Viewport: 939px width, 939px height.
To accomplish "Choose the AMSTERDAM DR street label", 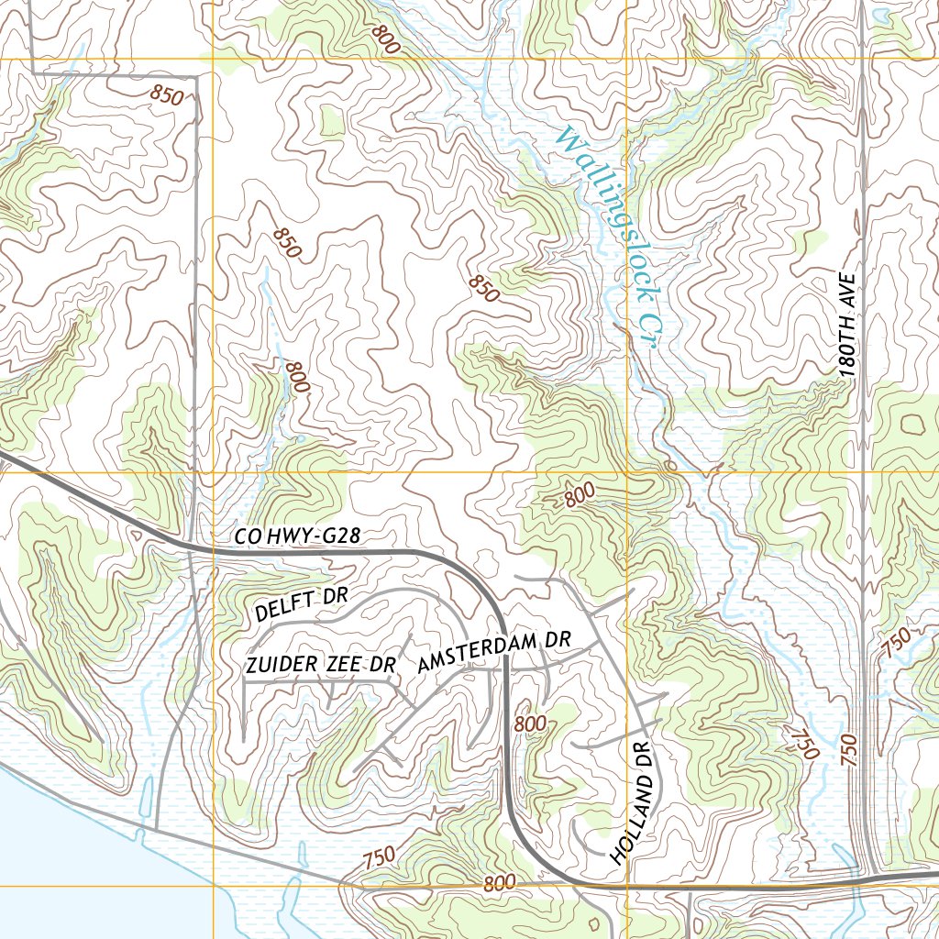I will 494,652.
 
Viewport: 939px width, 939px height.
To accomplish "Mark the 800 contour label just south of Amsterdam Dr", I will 530,724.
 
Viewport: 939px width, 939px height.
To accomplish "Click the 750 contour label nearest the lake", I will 379,859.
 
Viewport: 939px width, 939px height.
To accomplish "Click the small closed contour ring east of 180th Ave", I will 912,424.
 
